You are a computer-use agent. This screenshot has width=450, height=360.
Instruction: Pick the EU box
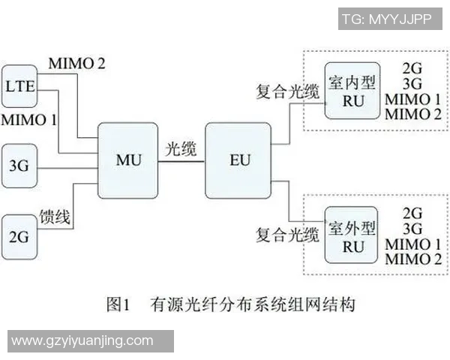239,161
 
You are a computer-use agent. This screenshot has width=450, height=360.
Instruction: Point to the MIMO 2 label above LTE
76,64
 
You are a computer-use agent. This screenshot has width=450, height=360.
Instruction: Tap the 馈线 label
56,219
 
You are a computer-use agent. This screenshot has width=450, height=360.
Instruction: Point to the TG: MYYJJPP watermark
386,19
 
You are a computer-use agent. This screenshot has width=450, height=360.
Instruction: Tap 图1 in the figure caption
119,304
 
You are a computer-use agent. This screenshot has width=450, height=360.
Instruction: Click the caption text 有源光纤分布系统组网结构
251,304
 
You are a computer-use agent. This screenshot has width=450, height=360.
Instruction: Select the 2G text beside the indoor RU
412,66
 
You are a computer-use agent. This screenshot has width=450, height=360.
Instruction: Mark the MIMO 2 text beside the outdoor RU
412,259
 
